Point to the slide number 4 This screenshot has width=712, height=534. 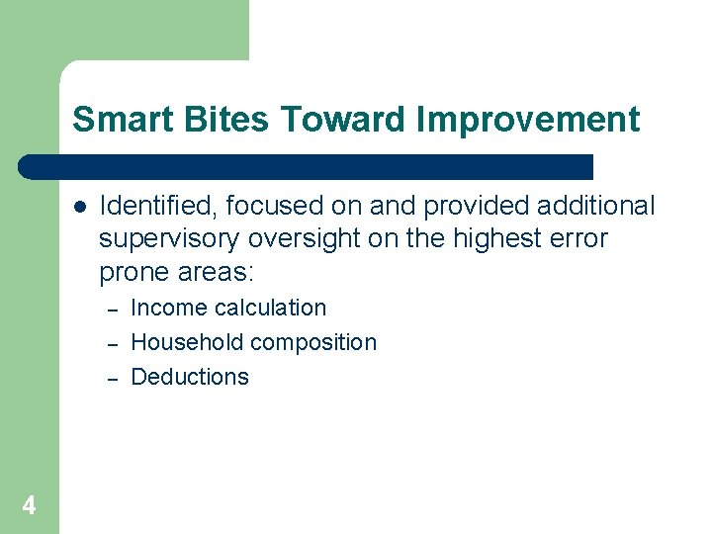29,506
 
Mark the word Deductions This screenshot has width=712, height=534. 190,377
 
